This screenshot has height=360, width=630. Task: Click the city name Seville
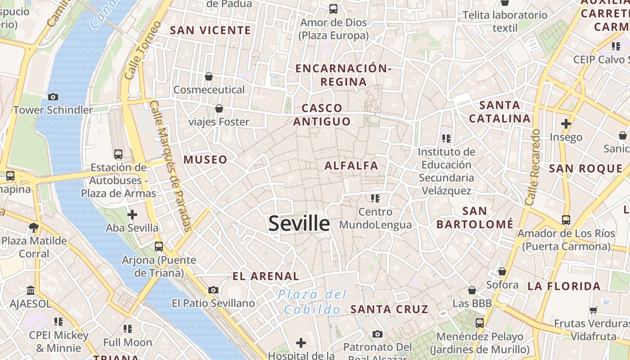(x=299, y=224)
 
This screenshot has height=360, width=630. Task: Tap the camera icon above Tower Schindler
(x=53, y=97)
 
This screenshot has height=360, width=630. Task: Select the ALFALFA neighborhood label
(x=351, y=166)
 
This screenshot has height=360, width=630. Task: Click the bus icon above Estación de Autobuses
(x=118, y=154)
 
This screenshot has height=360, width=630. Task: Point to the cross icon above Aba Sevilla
(x=132, y=215)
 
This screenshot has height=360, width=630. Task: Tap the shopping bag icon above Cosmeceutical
(x=209, y=76)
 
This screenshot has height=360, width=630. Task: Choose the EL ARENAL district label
(x=265, y=276)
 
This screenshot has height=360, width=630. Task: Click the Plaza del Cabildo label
(x=312, y=302)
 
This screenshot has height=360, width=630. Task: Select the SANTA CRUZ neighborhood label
(x=389, y=309)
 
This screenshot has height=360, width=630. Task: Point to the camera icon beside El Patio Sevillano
(x=213, y=290)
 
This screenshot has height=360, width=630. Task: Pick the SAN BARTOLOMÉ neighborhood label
(x=475, y=217)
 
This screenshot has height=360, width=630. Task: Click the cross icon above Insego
(x=566, y=123)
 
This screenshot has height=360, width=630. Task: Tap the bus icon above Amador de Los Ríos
(x=566, y=220)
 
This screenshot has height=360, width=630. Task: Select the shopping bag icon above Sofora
(x=502, y=271)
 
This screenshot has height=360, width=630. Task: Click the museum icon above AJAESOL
(x=31, y=290)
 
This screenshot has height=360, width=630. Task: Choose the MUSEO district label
(x=205, y=160)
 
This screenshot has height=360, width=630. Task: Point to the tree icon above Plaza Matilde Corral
(x=33, y=227)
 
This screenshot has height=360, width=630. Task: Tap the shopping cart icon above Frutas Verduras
(x=594, y=310)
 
